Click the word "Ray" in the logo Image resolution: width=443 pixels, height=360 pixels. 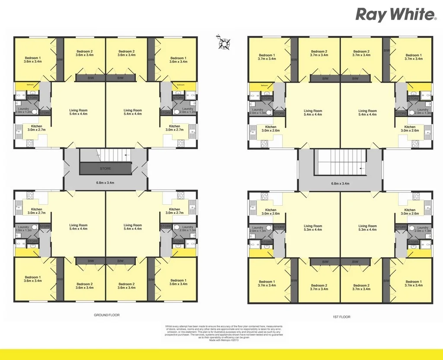coord(370,15)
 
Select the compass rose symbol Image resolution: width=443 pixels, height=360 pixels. coord(224,42)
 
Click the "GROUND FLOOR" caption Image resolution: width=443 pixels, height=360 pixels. coord(107,315)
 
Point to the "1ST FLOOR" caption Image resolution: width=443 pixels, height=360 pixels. coord(341,317)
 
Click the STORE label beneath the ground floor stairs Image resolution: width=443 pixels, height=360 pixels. coord(105,168)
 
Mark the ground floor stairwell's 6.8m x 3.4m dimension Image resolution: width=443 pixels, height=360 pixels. coord(105,183)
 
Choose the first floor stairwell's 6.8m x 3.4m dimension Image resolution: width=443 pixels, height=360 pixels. coord(340,183)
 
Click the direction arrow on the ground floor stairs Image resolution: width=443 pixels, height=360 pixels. coord(126,154)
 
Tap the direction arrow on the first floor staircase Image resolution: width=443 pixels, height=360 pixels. coord(361,166)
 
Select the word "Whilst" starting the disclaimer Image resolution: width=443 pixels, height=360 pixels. coord(169,326)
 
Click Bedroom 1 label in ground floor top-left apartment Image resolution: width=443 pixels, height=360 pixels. coord(33,58)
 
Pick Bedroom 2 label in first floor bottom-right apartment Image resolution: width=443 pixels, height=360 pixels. coord(361,286)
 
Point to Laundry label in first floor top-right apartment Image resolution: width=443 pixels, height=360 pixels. coord(423,110)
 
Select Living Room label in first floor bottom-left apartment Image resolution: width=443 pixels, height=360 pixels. coord(312,226)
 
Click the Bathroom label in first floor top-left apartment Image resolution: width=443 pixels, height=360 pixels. coord(264,86)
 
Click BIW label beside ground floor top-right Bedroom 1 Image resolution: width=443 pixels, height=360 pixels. coord(151,60)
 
